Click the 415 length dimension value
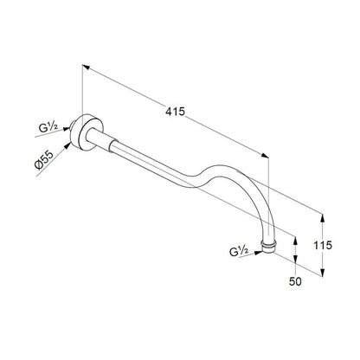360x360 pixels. click(175, 111)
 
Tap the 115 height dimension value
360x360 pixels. click(323, 245)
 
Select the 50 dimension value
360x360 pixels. click(295, 281)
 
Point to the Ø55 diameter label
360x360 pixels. click(44, 160)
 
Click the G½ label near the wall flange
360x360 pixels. click(48, 127)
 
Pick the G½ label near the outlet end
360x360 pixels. click(239, 252)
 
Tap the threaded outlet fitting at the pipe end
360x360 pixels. click(269, 247)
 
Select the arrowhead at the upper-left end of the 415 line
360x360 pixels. click(87, 67)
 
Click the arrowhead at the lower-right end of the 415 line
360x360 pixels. click(265, 155)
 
